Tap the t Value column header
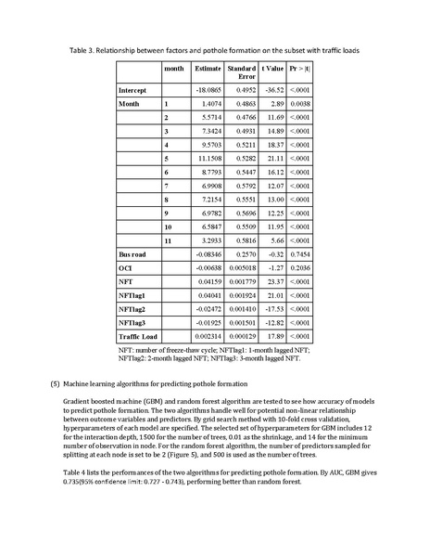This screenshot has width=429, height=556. point(272,69)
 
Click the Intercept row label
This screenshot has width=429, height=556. point(133,89)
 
